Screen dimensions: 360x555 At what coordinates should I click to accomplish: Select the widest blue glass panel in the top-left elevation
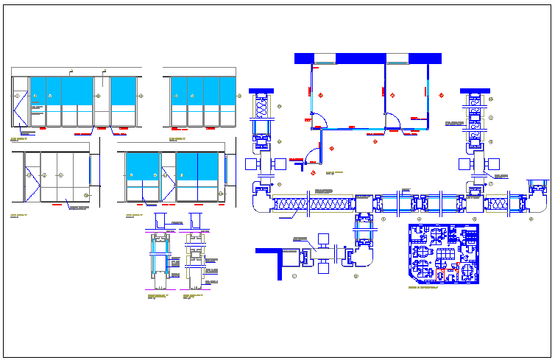pos(77,91)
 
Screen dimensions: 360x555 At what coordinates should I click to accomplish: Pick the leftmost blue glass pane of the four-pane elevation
pos(177,91)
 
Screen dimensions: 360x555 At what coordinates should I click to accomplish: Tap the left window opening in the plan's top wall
pos(325,58)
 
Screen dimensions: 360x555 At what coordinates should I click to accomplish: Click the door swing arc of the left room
pos(321,120)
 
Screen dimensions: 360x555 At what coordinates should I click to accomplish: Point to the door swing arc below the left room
pos(313,155)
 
